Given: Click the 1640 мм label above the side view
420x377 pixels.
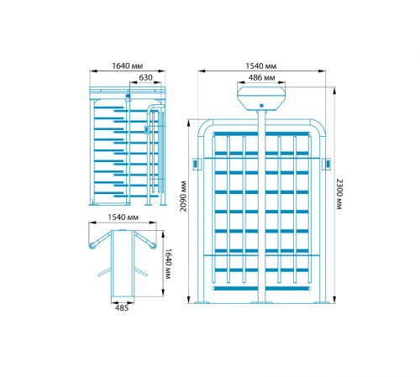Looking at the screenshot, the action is tap(128, 66).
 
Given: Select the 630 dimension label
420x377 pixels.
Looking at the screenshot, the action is tap(145, 77).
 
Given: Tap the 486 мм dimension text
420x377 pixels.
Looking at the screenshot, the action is tap(261, 77).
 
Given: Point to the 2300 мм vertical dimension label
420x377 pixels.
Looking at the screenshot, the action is tap(339, 194).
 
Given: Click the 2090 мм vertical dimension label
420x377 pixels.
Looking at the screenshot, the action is tap(183, 196).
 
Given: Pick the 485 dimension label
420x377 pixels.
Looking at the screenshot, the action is tap(122, 308).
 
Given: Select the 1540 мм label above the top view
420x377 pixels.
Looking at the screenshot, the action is tap(123, 217).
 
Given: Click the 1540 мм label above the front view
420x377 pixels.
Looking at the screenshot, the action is tap(261, 66).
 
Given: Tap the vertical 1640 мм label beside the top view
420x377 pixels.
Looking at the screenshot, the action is tap(168, 264).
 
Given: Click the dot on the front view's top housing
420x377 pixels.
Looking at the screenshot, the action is tap(261, 106).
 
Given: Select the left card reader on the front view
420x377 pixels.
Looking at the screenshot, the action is tap(196, 164).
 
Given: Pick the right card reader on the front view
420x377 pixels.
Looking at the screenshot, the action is tap(328, 164).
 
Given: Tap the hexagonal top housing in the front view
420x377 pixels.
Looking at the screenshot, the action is tap(261, 98).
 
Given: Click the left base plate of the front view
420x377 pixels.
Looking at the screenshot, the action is tap(202, 302).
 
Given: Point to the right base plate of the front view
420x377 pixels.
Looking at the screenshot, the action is tap(322, 302).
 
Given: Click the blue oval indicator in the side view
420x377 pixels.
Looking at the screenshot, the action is tap(129, 96).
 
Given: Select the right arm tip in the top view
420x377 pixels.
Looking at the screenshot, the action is tap(153, 246).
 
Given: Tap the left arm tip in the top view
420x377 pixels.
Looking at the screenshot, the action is tap(92, 246).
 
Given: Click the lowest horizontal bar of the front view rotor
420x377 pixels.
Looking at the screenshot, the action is tap(261, 289).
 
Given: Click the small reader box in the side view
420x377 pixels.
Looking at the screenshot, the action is tap(146, 129).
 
